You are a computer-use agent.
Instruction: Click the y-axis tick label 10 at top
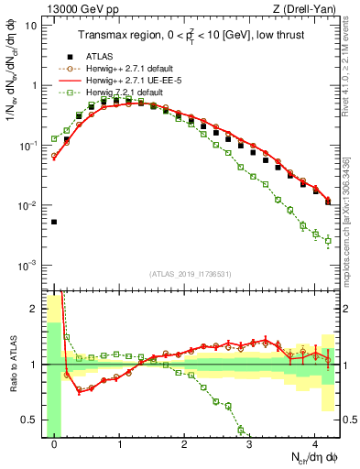pyautogui.click(x=31, y=25)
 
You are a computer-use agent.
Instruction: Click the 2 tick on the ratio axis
pyautogui.click(x=34, y=309)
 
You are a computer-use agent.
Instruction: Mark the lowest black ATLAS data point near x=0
pyautogui.click(x=55, y=222)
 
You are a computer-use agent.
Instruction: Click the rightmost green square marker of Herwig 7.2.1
pyautogui.click(x=329, y=241)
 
